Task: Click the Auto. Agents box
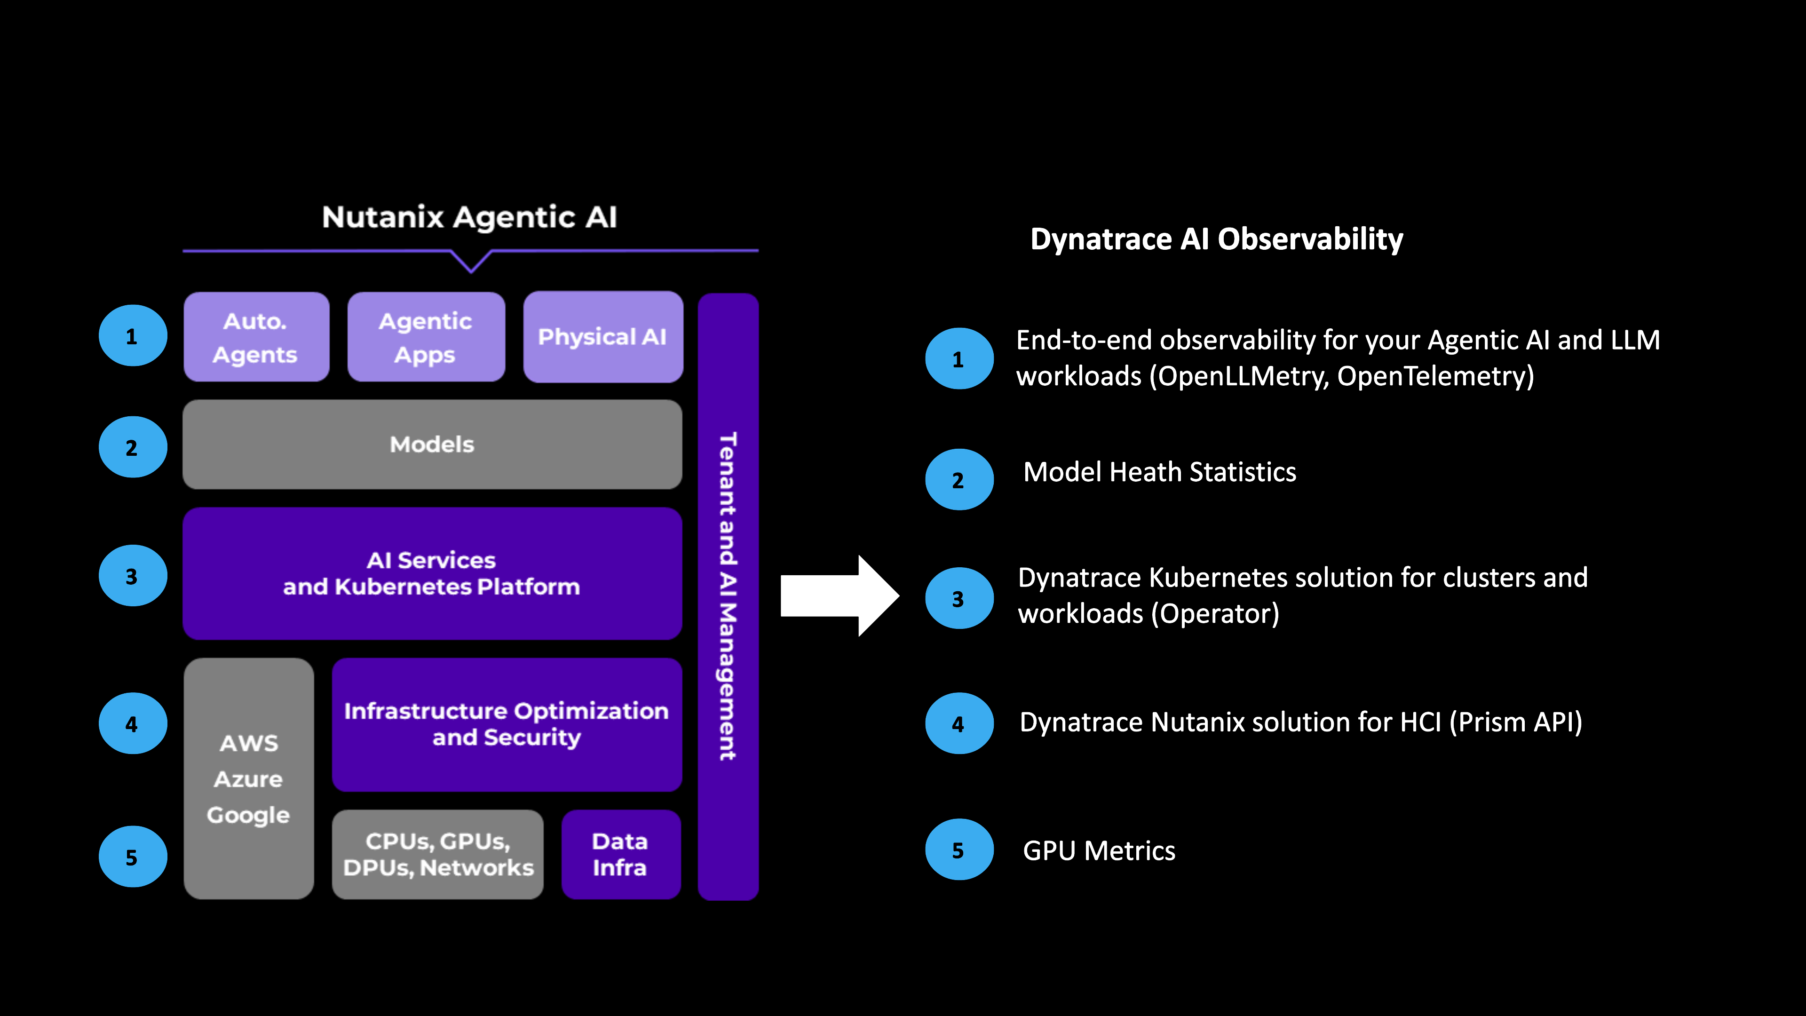pyautogui.click(x=256, y=337)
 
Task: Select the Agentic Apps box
pyautogui.click(x=426, y=337)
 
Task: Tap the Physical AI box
pyautogui.click(x=602, y=337)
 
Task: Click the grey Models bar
pyautogui.click(x=432, y=444)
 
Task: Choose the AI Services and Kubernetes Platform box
pyautogui.click(x=432, y=573)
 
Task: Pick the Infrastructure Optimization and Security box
pyautogui.click(x=506, y=724)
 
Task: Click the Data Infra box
pyautogui.click(x=620, y=854)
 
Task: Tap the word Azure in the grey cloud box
pyautogui.click(x=248, y=779)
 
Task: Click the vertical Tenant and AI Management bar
pyautogui.click(x=728, y=596)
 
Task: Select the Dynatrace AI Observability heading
pyautogui.click(x=1216, y=239)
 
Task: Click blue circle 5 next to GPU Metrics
pyautogui.click(x=958, y=850)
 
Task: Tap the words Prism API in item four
pyautogui.click(x=1514, y=722)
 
